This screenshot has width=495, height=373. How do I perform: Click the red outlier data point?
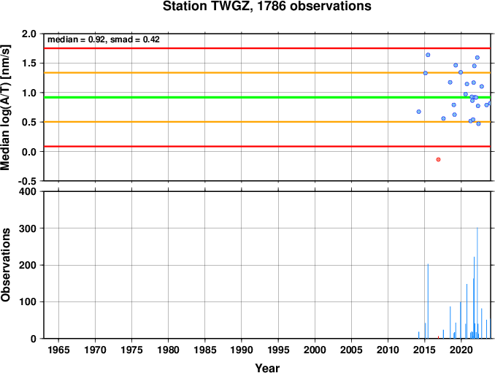click(x=438, y=159)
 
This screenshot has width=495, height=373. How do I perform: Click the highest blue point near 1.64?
click(x=428, y=55)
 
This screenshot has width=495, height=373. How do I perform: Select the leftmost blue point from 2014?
click(x=418, y=112)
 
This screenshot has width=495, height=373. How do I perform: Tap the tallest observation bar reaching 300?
click(x=477, y=282)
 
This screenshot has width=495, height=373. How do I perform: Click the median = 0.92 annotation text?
click(x=76, y=39)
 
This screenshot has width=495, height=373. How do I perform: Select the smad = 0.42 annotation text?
click(x=135, y=39)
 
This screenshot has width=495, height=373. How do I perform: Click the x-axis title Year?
click(x=267, y=368)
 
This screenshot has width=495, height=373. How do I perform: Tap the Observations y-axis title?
click(x=6, y=264)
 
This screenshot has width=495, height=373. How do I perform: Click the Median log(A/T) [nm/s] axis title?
click(x=6, y=107)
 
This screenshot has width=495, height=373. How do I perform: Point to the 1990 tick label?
click(x=242, y=350)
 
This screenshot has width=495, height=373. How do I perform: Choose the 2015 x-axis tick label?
click(x=425, y=350)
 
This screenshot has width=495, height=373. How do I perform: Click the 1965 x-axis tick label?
click(x=58, y=350)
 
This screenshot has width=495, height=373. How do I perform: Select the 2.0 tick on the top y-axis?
click(x=29, y=34)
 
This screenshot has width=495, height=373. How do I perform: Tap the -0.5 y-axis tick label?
click(x=27, y=181)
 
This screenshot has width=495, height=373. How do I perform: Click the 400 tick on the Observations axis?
click(x=28, y=191)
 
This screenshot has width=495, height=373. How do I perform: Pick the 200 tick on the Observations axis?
click(x=28, y=265)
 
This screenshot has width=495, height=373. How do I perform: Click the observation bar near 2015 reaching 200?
click(x=428, y=301)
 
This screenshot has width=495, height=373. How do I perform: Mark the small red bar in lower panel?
click(x=438, y=337)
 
